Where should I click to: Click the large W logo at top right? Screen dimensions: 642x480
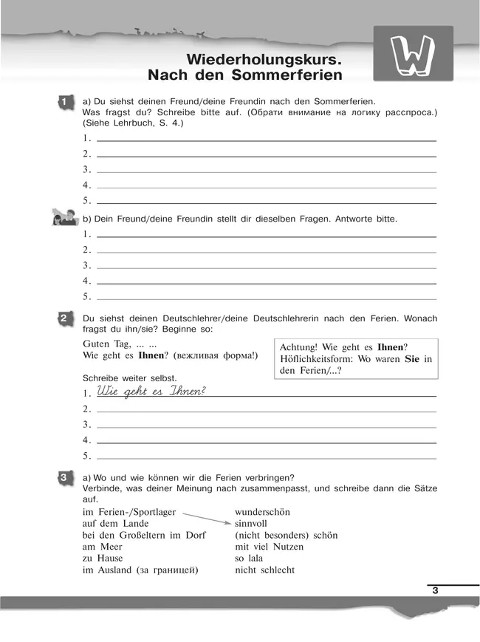[x=414, y=54]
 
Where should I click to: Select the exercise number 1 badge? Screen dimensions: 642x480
[x=64, y=100]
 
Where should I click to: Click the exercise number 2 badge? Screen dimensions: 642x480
[x=64, y=318]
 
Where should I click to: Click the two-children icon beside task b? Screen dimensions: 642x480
[x=64, y=218]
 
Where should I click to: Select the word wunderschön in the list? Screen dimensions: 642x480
[x=262, y=511]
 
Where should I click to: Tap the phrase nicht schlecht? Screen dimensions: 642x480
[x=264, y=570]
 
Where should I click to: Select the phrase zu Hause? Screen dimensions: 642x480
[x=103, y=559]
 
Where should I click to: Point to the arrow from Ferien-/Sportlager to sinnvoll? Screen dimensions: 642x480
[x=206, y=516]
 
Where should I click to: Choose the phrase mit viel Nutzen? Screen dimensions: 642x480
[x=269, y=547]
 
